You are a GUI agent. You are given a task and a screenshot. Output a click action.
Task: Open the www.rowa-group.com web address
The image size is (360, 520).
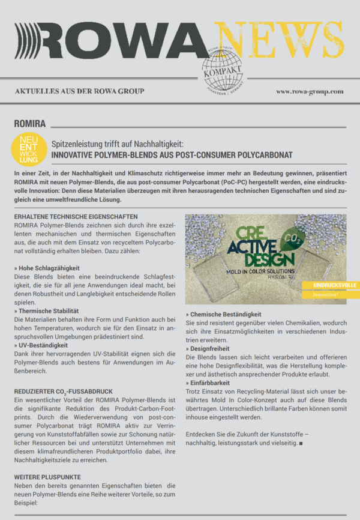pyautogui.click(x=310, y=91)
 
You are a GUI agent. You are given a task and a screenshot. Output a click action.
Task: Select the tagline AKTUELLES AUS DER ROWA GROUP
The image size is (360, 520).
pyautogui.click(x=79, y=91)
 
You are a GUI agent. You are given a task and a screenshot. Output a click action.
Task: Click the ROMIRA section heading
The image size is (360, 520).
pyautogui.click(x=31, y=123)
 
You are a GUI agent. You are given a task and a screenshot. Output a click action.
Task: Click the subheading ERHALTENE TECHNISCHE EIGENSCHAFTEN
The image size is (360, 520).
pyautogui.click(x=76, y=216)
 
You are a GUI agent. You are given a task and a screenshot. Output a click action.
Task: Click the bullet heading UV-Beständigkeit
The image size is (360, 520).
pyautogui.click(x=43, y=346)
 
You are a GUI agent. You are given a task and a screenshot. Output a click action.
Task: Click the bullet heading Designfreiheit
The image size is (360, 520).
pyautogui.click(x=211, y=349)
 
